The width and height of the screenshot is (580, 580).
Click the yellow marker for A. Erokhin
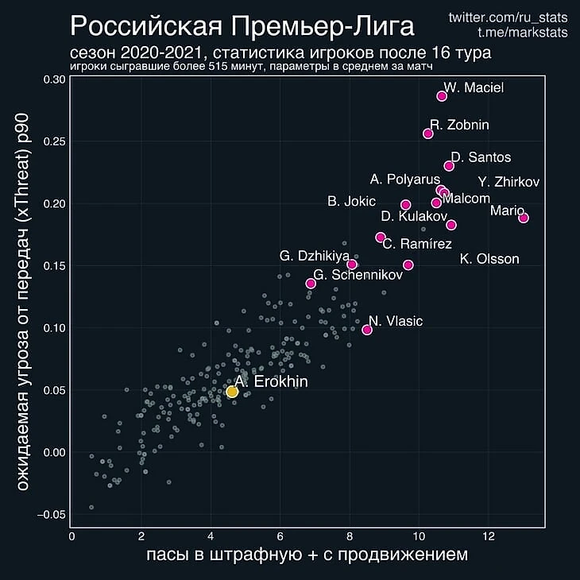232,392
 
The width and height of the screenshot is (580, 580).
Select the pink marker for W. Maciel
442,96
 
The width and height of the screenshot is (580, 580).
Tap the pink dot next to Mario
523,218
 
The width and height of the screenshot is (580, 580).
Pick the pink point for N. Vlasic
367,330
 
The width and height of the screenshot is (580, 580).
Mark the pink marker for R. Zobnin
428,133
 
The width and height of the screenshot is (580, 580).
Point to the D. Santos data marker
449,166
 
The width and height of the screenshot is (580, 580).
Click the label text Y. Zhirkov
508,182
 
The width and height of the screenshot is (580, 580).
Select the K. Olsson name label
489,259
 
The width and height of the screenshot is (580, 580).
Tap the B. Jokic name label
357,202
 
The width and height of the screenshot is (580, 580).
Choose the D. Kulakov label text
414,216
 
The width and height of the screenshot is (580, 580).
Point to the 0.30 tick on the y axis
55,79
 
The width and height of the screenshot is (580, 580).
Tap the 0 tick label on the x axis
72,536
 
